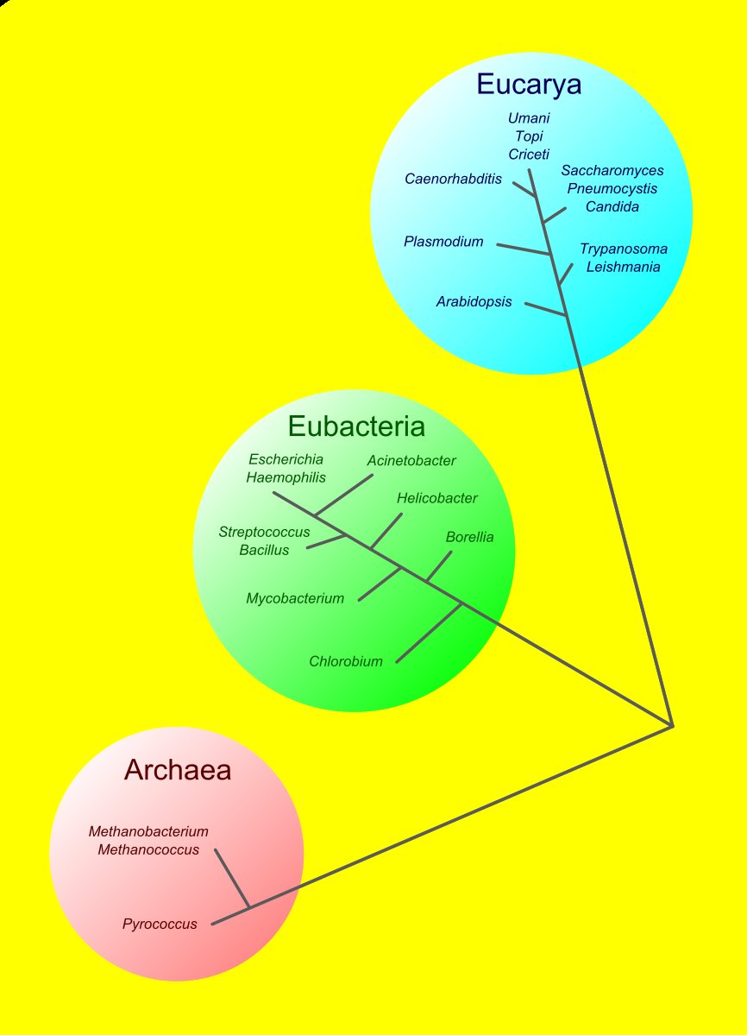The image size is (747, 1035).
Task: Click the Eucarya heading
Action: coord(529,85)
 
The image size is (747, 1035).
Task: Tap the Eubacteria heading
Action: coord(356,426)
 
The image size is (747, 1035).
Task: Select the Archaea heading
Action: coord(178,769)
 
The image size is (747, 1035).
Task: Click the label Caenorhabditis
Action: coord(453,179)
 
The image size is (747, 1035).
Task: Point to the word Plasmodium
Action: coord(443,242)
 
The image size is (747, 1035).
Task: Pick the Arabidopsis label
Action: coord(474,302)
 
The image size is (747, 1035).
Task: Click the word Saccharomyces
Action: coord(612,171)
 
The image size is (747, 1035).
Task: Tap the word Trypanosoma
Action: coord(623,249)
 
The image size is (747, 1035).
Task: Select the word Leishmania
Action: coord(623,267)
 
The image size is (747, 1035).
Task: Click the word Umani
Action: coord(529,117)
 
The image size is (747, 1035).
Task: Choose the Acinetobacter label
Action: coord(411,461)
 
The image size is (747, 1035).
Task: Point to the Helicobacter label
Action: coord(436,498)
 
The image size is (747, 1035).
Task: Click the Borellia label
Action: coord(469,537)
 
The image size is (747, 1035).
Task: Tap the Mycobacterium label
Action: coord(295,598)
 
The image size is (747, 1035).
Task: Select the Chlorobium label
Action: coord(345,662)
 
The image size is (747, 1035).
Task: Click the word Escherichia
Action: coord(286,459)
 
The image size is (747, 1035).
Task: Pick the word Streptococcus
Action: coord(264,532)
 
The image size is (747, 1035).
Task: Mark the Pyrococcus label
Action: coord(160,925)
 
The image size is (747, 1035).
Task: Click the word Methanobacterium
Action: coord(148,832)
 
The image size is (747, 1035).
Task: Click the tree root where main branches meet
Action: coord(672,725)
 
